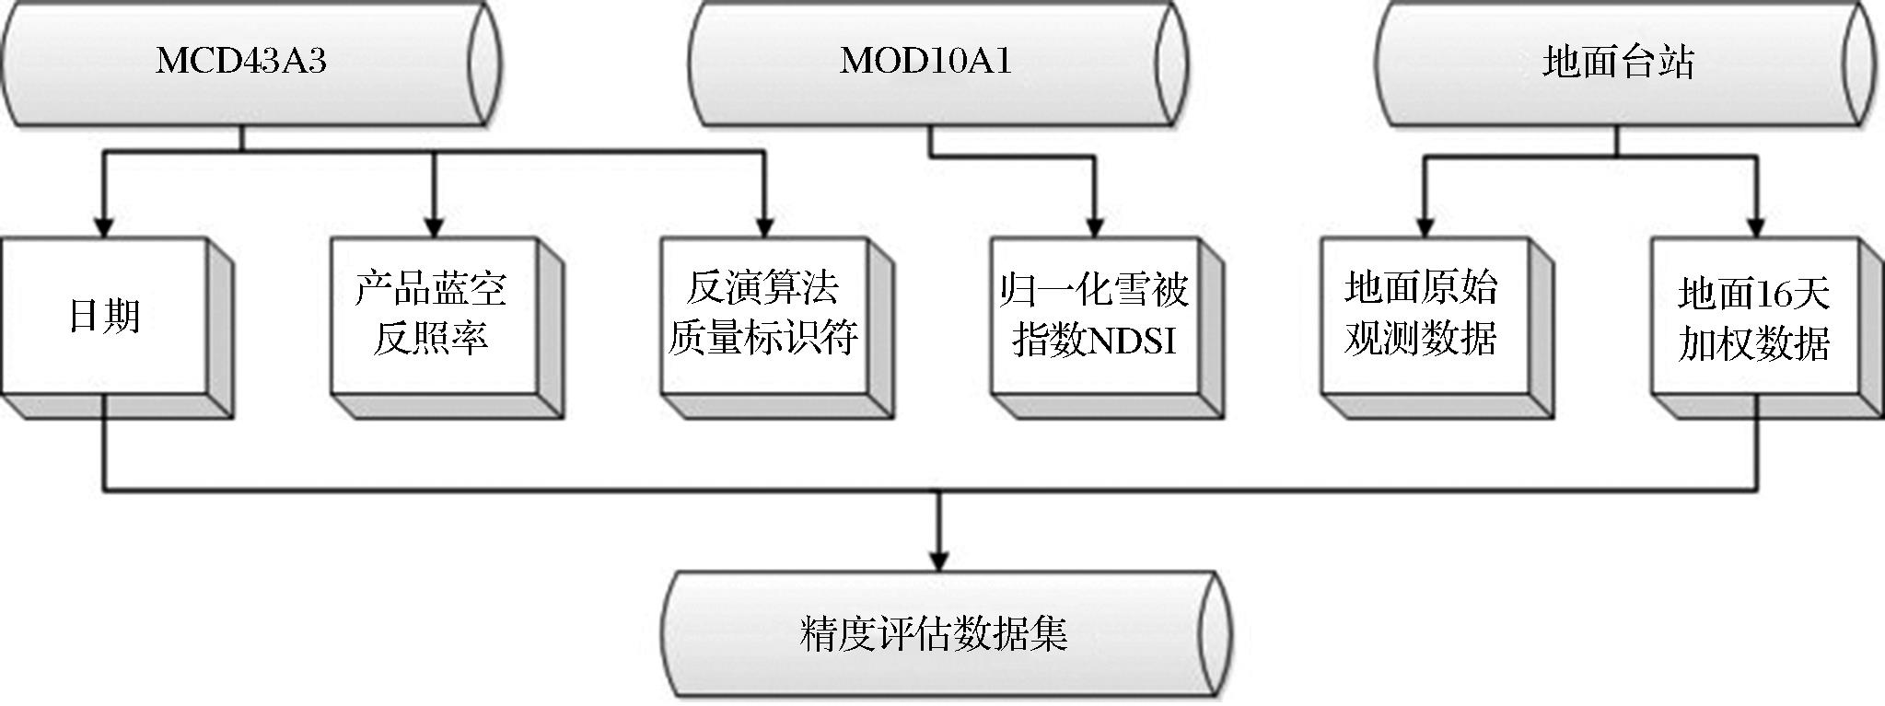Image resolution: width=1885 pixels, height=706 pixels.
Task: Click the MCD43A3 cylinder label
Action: coord(241,62)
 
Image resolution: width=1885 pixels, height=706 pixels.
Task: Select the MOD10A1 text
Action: coord(925,62)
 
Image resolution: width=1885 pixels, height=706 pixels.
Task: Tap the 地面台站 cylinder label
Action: coord(1618,63)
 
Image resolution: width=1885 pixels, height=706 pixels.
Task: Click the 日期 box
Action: coord(104,316)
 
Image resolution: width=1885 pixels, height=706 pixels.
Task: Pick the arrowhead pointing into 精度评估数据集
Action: coord(937,560)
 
